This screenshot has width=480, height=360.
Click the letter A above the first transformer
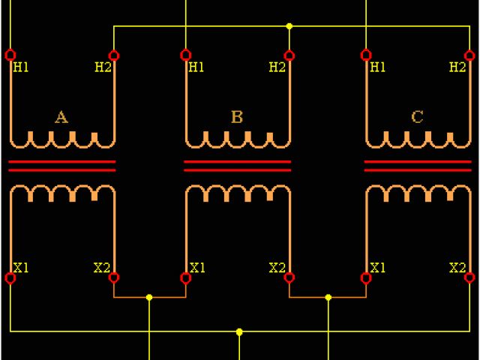[x=61, y=117]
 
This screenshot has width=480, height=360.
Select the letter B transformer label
[x=237, y=117]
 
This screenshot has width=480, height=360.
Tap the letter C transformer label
[x=418, y=117]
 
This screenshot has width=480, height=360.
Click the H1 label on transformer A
[x=21, y=67]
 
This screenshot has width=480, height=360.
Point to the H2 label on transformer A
[x=103, y=67]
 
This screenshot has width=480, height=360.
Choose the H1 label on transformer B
[x=196, y=67]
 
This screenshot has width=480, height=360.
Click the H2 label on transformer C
[x=457, y=67]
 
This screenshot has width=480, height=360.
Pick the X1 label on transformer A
[x=21, y=267]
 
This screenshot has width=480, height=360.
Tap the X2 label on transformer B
[x=277, y=267]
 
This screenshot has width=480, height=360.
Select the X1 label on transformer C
[x=378, y=267]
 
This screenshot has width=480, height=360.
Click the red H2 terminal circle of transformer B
[x=289, y=55]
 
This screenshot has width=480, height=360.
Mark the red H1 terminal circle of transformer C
[x=366, y=55]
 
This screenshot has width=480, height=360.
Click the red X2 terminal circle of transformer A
[x=114, y=278]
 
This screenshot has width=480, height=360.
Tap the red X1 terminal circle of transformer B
[x=186, y=278]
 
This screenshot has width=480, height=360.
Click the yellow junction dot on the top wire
[x=289, y=26]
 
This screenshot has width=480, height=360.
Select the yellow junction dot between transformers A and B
[x=149, y=298]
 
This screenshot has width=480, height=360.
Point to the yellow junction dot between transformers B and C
[x=328, y=298]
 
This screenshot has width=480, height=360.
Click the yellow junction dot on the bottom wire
[x=239, y=331]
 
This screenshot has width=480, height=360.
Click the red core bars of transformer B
[x=237, y=166]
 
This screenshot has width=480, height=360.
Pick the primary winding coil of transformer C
[x=418, y=139]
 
